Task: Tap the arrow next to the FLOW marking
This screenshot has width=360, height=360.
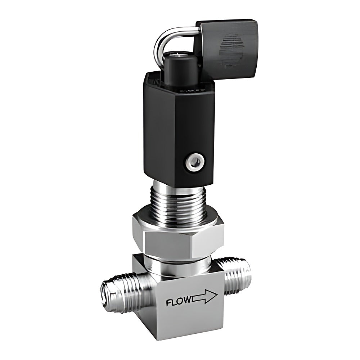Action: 204,297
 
